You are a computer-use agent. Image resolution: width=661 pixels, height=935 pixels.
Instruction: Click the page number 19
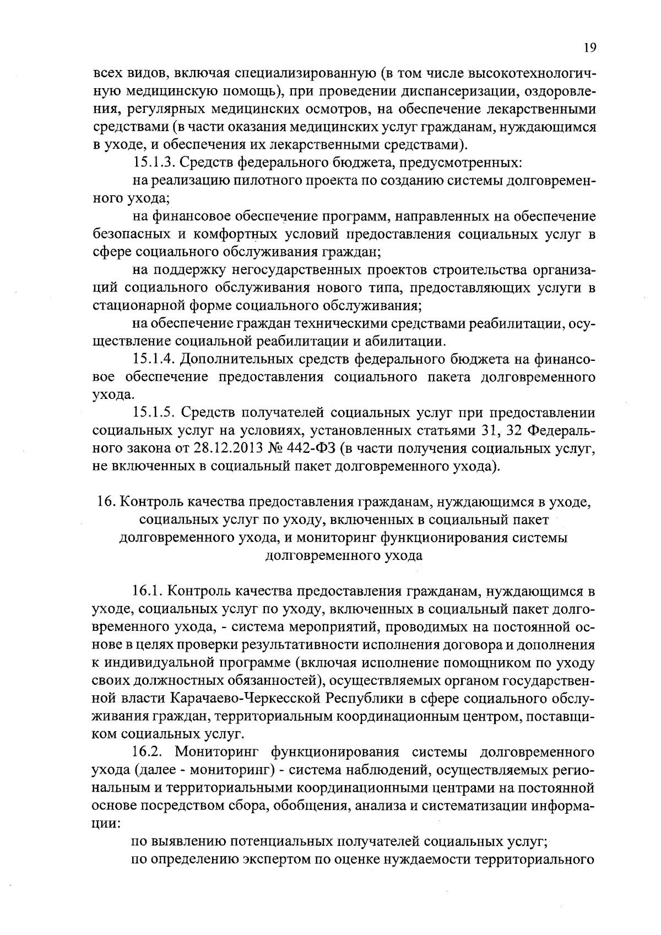pyautogui.click(x=589, y=48)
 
